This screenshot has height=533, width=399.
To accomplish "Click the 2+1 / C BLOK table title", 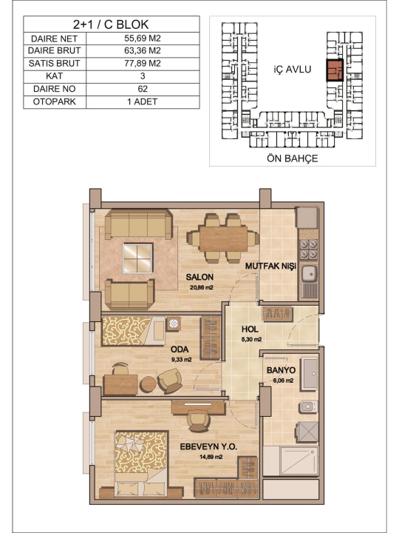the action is (111, 24).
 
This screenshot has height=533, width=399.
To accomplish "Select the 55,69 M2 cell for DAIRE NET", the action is (143, 38).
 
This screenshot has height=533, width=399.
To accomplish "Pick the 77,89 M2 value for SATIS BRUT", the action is (143, 63).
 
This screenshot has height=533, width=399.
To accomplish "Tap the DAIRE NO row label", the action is (54, 89).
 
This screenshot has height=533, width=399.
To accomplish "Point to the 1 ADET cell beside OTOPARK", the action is (143, 101).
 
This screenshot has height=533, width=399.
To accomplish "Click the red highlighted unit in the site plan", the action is (335, 70).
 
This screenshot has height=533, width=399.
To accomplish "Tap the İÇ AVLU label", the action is (292, 70).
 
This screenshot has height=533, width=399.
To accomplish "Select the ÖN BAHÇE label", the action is (292, 158).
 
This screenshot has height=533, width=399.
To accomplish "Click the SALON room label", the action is (199, 277).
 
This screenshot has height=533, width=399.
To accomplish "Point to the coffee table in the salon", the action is (137, 258).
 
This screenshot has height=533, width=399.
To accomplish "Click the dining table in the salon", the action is (223, 238).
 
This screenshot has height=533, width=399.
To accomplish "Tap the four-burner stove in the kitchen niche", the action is (309, 249).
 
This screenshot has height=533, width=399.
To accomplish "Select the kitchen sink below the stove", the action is (310, 273).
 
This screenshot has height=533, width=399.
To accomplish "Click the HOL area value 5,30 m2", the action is (251, 339).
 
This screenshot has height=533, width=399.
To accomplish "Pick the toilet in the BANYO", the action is (308, 406).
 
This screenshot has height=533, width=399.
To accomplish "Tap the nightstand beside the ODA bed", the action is (174, 324).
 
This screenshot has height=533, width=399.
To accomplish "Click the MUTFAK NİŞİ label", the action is (270, 266).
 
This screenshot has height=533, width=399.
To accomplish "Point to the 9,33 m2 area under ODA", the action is (181, 359).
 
